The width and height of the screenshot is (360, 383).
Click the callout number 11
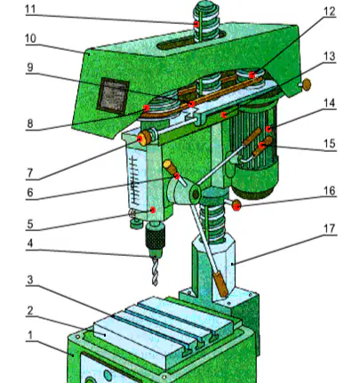click(x=31, y=9)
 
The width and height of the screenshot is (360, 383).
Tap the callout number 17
click(x=329, y=228)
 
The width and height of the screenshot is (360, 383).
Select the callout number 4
click(x=29, y=243)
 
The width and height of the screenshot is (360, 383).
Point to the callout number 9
click(x=30, y=68)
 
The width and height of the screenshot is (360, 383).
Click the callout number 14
click(x=329, y=103)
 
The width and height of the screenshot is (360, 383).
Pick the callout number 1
click(x=30, y=336)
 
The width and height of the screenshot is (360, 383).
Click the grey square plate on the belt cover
click(x=113, y=96)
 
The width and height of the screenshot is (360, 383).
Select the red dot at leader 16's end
click(x=236, y=205)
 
